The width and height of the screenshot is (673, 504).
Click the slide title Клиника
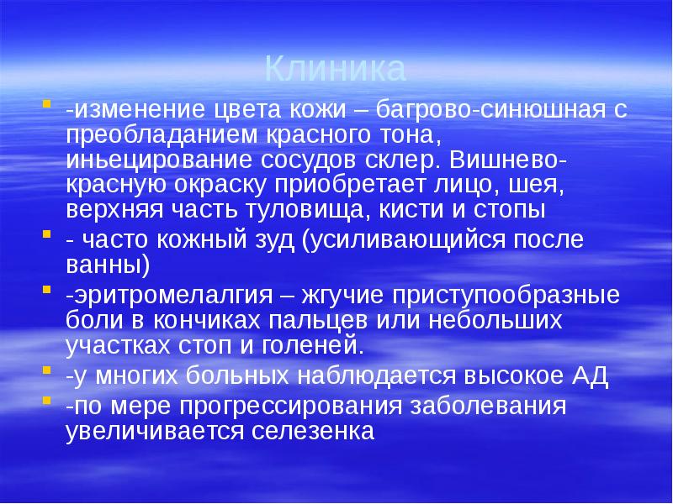(x=336, y=68)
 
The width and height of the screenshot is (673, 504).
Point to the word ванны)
(x=107, y=265)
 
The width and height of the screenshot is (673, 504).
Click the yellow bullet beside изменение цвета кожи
(x=45, y=105)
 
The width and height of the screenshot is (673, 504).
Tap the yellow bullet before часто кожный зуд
(x=45, y=235)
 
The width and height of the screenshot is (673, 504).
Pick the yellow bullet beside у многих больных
(x=45, y=371)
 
